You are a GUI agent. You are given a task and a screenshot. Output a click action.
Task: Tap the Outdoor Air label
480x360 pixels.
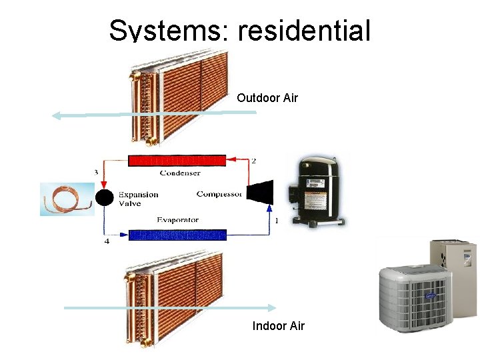267,98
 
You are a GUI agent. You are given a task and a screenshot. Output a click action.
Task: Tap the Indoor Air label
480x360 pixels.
278,326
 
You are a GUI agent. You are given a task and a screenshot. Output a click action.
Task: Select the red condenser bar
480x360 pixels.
177,160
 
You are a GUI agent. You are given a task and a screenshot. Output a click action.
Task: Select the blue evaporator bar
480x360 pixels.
177,235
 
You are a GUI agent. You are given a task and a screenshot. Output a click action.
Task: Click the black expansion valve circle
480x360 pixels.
104,197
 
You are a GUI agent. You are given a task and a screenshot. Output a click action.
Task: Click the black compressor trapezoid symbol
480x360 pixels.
259,192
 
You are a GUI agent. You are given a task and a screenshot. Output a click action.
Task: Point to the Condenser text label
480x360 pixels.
179,173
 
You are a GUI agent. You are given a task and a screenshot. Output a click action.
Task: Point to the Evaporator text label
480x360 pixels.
177,220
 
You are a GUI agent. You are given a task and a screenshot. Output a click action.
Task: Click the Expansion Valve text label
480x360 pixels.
138,199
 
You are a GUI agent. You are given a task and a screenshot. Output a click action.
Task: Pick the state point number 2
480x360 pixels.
253,161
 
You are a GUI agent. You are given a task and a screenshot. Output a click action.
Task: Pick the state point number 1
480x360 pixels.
276,220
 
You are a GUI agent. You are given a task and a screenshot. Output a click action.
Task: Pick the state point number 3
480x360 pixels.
96,173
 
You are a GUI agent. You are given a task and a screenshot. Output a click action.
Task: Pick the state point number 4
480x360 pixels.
107,241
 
